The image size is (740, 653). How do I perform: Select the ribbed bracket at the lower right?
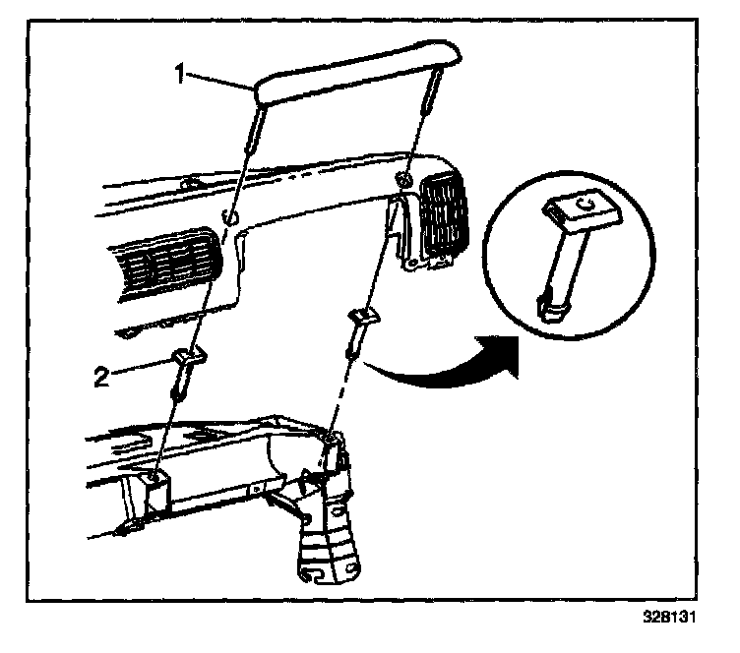(330, 531)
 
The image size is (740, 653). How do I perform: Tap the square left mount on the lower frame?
(155, 483)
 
